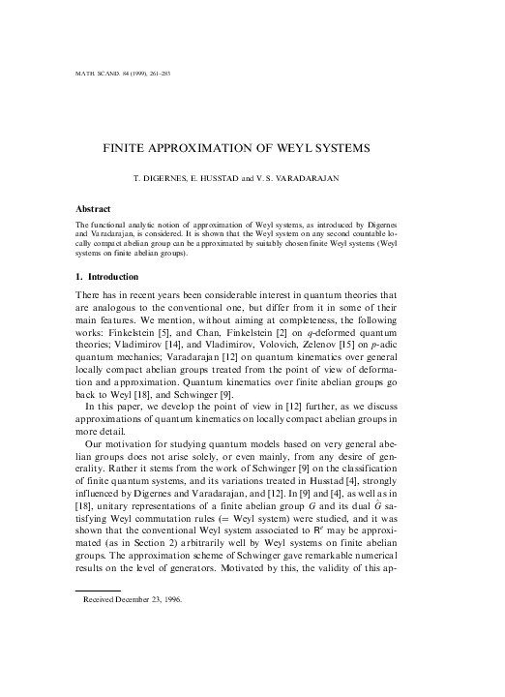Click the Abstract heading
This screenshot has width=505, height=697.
click(94, 208)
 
